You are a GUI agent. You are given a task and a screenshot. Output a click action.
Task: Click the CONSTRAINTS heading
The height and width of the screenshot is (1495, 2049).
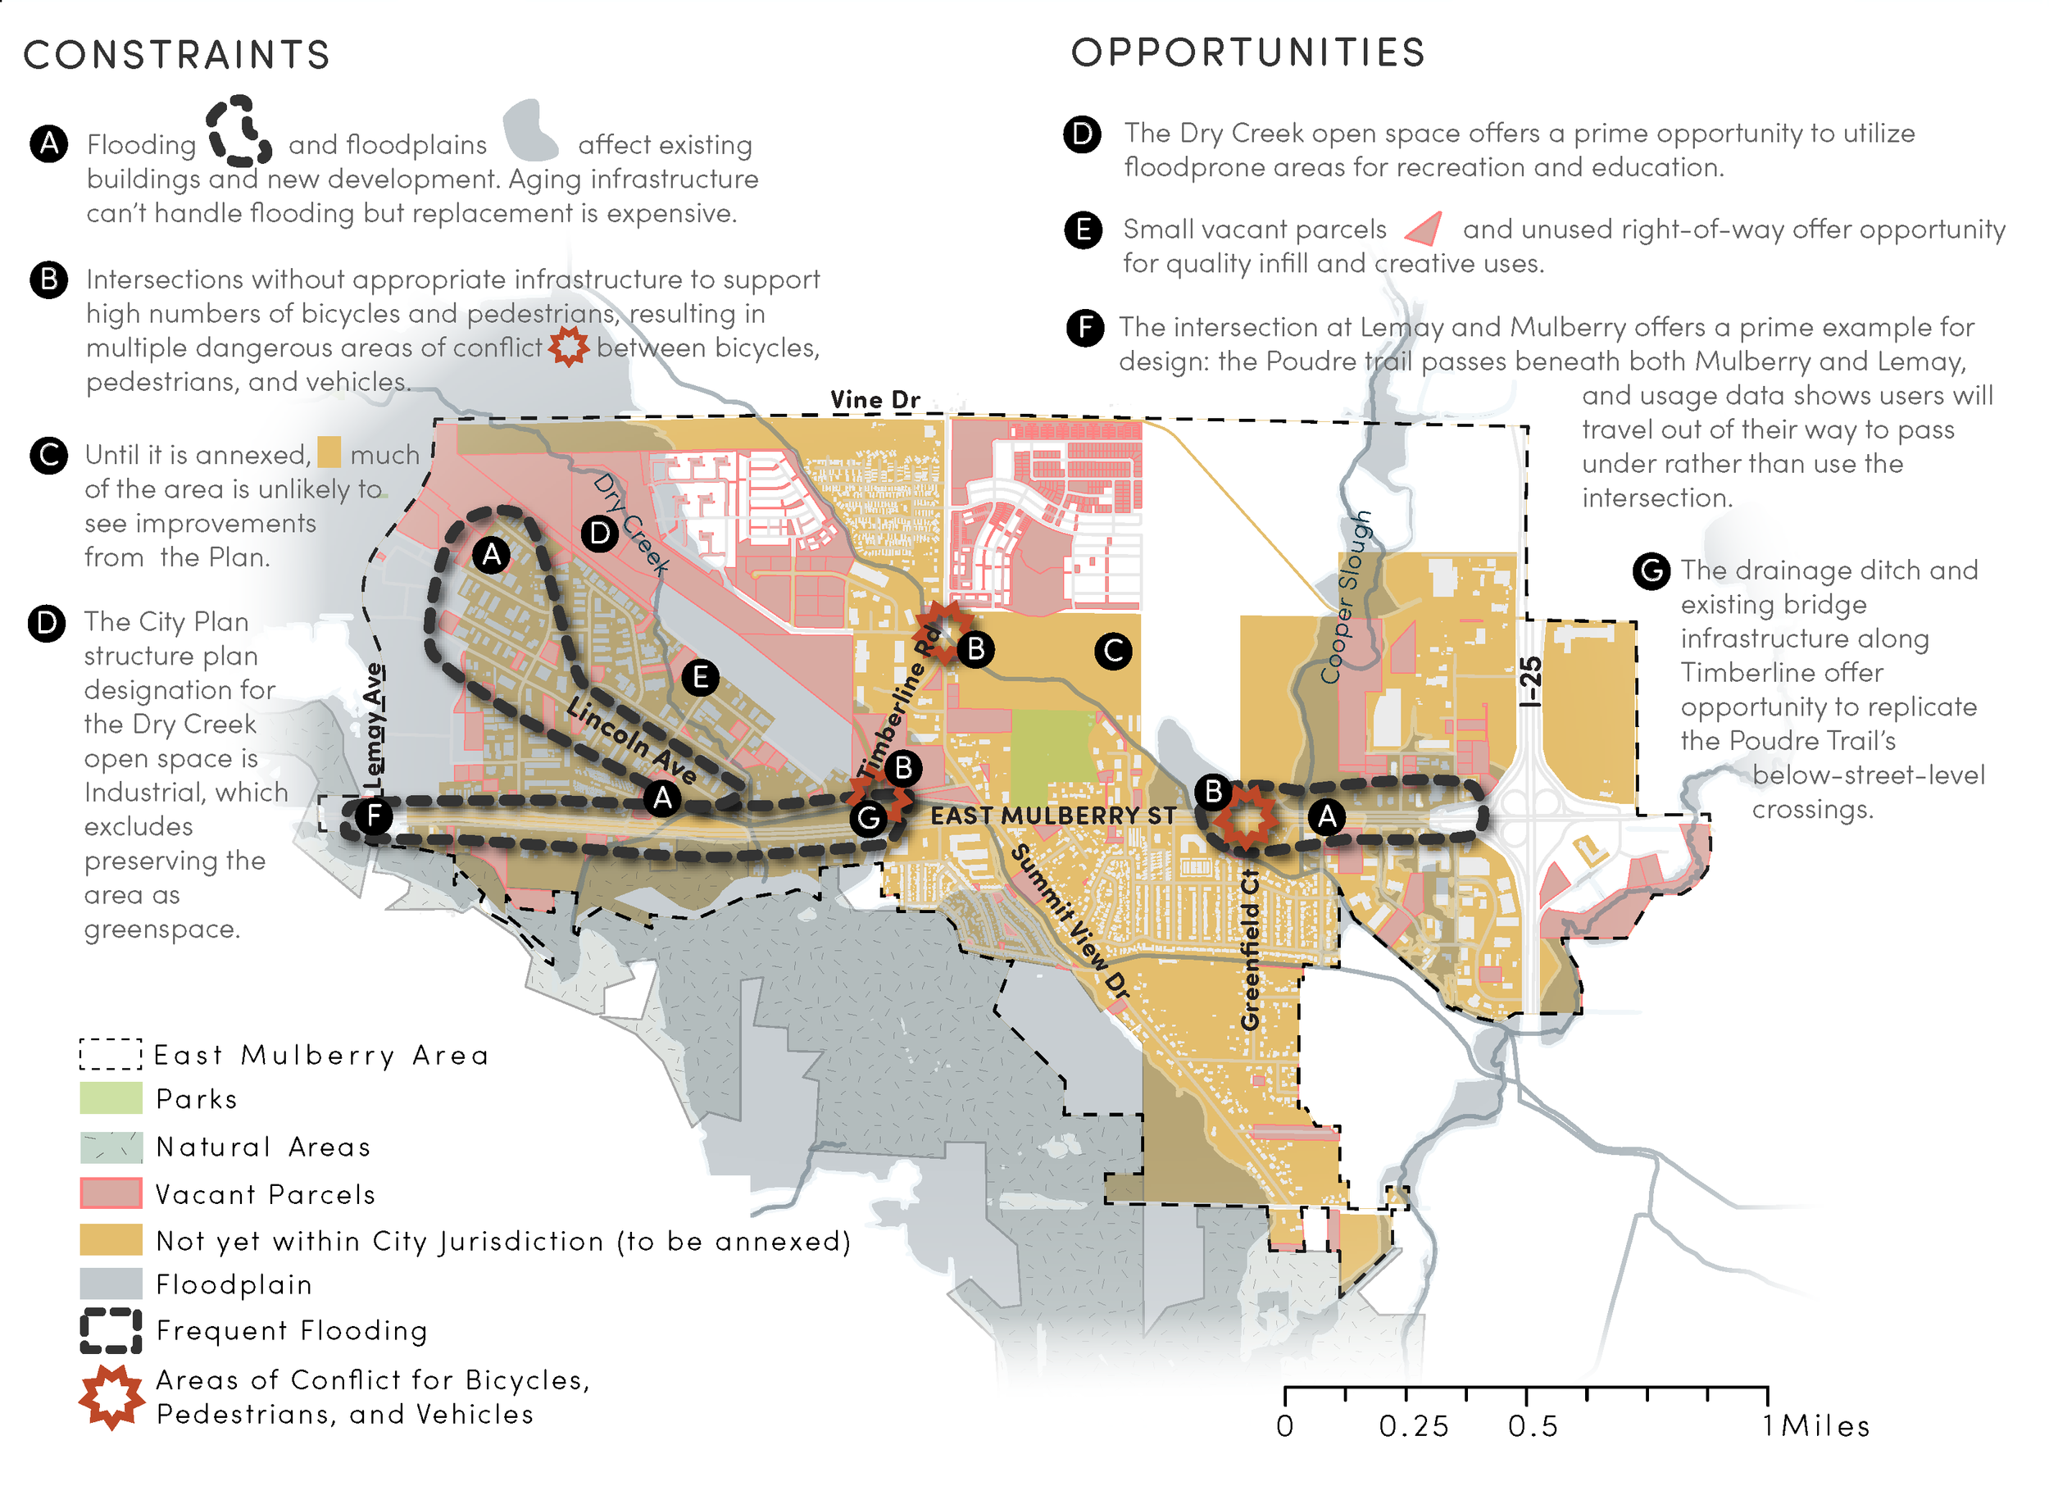pos(176,54)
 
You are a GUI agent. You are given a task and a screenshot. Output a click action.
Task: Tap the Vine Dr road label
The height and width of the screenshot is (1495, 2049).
pos(875,399)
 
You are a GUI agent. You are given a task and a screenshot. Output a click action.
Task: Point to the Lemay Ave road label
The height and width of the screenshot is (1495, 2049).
pos(373,724)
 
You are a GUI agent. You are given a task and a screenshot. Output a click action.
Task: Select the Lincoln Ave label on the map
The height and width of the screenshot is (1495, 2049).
pos(631,739)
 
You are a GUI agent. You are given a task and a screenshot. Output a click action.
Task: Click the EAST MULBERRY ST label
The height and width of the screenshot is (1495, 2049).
pos(1052,816)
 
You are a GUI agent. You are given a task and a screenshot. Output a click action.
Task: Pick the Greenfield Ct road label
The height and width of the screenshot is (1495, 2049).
pos(1250,949)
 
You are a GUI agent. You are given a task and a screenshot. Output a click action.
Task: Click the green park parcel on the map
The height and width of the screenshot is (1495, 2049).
pos(1052,756)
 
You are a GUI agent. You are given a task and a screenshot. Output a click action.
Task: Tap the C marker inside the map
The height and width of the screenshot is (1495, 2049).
pos(1112,651)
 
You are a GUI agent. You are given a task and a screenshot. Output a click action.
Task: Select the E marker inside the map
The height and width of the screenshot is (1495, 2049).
pos(700,677)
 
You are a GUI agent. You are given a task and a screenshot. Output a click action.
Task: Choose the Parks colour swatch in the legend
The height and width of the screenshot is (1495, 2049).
pos(111,1097)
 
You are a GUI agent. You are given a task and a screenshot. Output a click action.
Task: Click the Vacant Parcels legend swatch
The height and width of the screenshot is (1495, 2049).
pos(111,1193)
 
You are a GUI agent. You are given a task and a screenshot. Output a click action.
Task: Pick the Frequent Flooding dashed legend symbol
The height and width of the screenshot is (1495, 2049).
pos(111,1330)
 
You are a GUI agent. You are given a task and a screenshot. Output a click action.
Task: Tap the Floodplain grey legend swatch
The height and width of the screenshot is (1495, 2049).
pos(111,1284)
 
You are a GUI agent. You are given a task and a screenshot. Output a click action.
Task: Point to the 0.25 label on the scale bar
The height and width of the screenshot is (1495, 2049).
pos(1413,1427)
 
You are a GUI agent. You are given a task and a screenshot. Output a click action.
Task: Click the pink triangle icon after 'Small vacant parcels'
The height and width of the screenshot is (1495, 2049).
pos(1424,229)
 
